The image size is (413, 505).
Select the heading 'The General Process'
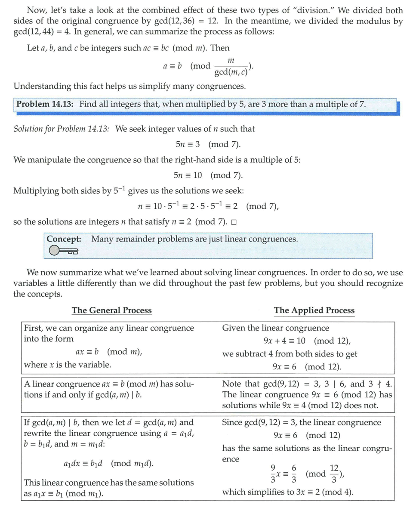111,310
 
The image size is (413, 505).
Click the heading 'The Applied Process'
314,310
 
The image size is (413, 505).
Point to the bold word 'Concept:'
64,239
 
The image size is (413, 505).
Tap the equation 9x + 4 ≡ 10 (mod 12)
307,341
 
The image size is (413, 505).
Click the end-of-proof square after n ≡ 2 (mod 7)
234,223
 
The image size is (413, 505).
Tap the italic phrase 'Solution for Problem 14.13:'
62,129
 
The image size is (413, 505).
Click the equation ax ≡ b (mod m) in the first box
108,352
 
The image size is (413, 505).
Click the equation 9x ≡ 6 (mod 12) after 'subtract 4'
307,367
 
